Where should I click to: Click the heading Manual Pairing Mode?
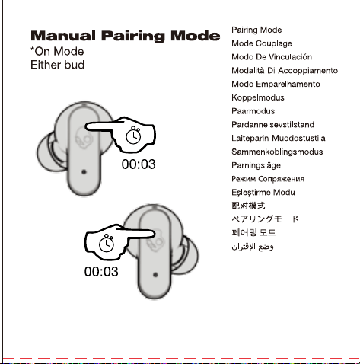coord(126,36)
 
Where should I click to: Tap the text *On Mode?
coord(57,52)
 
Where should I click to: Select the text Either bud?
coord(57,65)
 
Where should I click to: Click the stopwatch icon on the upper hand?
coord(133,135)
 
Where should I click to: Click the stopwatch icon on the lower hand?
coord(107,243)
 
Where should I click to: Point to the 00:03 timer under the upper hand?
coord(139,164)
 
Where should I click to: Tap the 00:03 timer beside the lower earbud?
coord(101,272)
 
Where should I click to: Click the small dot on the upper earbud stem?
coord(84,172)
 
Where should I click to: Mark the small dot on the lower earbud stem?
coord(155,275)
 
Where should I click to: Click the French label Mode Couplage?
coord(262,43)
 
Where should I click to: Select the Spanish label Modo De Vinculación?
coord(272,57)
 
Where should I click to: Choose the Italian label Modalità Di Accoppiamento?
coord(285,70)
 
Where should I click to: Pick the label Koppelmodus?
coord(258,97)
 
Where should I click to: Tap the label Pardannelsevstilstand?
coord(273,125)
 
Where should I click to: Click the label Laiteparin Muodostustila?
coord(279,138)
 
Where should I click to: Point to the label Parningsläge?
coord(256,165)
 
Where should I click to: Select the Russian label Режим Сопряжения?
coord(268,179)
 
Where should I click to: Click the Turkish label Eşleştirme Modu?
coord(263,193)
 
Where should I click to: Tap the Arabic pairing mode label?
coord(253,247)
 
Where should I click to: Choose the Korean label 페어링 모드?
coord(253,232)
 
